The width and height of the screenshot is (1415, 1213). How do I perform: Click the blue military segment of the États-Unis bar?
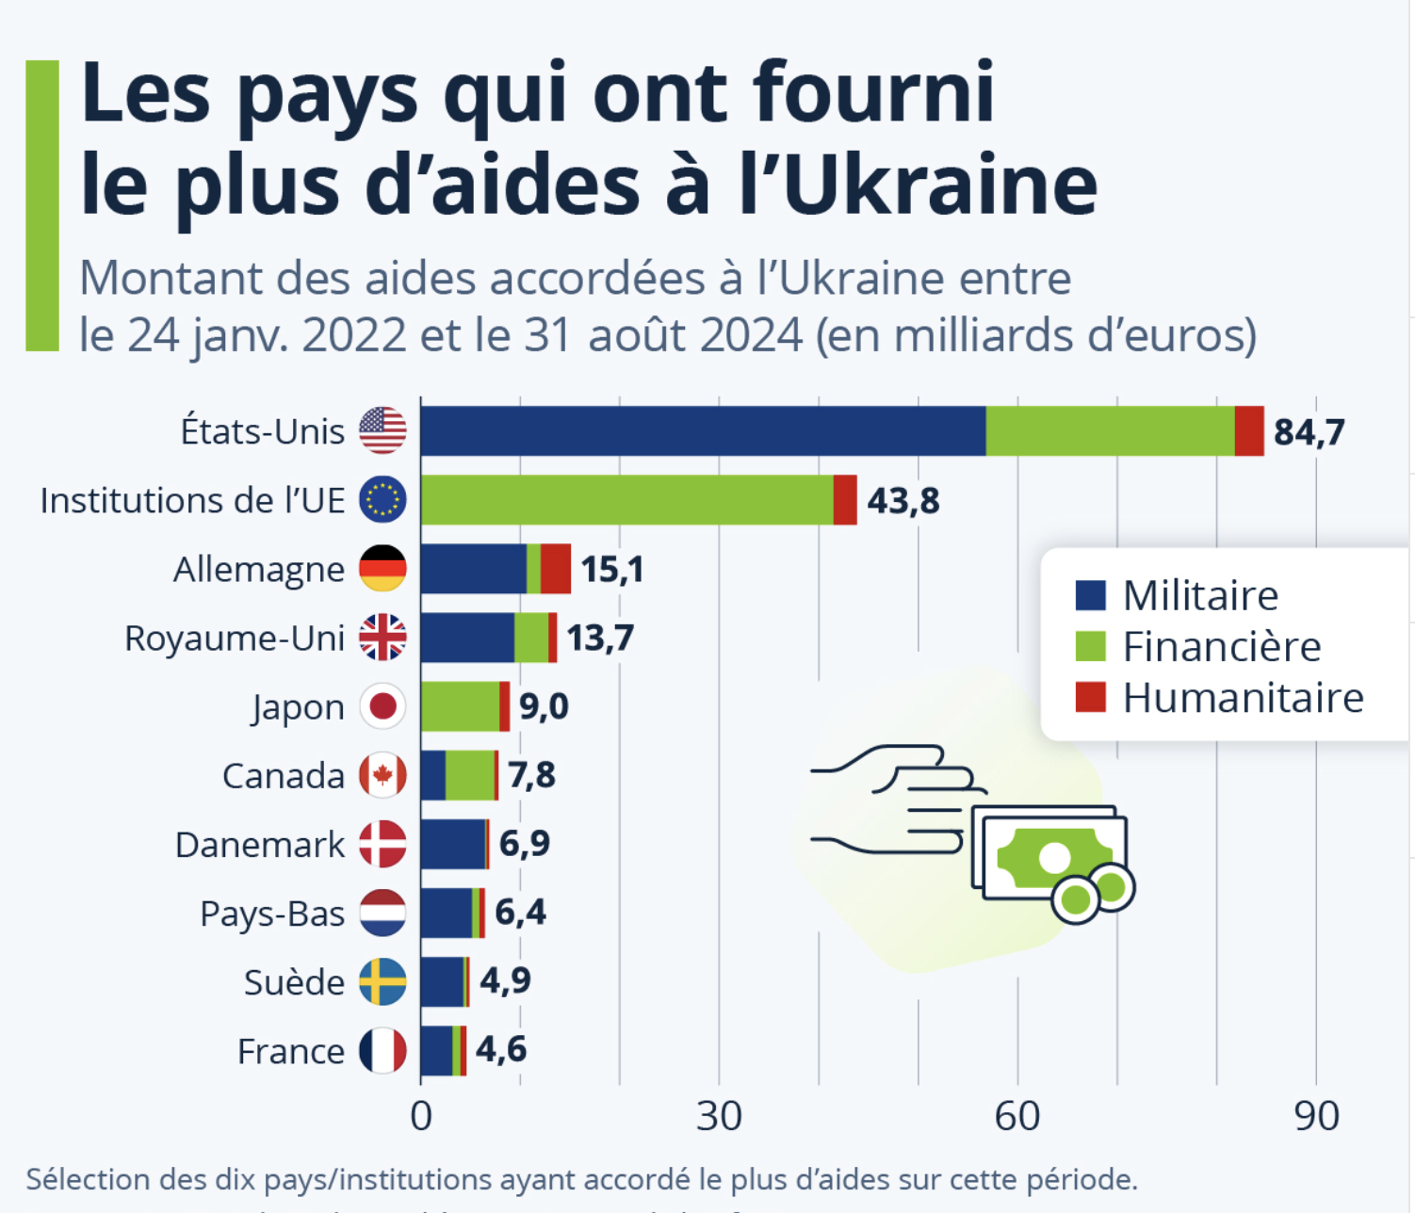click(703, 431)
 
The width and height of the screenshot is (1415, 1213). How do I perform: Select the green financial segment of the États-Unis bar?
click(1110, 431)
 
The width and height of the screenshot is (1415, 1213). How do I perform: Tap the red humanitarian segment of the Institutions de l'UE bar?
click(845, 500)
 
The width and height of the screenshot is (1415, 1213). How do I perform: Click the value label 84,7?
click(1309, 432)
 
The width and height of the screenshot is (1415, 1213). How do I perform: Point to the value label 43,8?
click(903, 501)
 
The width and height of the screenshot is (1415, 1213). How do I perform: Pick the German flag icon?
click(382, 569)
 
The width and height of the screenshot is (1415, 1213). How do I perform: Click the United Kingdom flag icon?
click(382, 638)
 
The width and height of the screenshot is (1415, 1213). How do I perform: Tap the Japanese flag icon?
click(382, 706)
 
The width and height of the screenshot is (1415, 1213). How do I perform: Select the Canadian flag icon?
click(382, 775)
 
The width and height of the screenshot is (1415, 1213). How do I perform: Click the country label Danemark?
click(260, 845)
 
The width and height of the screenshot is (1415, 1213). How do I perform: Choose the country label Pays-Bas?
click(272, 914)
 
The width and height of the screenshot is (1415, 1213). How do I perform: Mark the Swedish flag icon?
click(382, 981)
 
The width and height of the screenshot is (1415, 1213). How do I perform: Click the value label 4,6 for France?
click(500, 1049)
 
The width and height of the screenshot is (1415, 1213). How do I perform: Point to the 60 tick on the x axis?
click(1017, 1116)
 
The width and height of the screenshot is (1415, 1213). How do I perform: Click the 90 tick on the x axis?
click(1316, 1116)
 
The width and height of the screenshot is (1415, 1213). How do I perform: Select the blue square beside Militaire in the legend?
click(1090, 595)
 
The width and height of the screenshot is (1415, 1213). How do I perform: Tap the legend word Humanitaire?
click(1243, 698)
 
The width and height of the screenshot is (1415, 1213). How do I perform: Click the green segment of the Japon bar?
click(460, 706)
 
